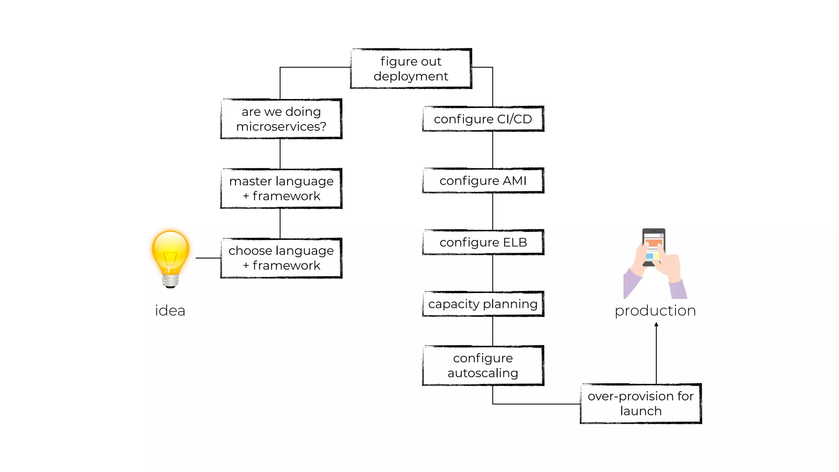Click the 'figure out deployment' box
coord(411,68)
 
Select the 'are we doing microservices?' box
coord(281,119)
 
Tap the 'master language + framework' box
coord(281,188)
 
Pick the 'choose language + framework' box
coord(281,258)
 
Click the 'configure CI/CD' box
coord(483,119)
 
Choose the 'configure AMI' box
coord(483,181)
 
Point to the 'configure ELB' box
coord(483,242)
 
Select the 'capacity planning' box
coord(483,304)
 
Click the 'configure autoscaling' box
coord(483,365)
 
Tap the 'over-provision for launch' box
coord(641,404)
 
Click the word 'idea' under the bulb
coord(170,311)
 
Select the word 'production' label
coord(655,311)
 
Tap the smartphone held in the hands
coord(653,246)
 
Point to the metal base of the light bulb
coord(170,281)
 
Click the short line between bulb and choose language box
coord(208,258)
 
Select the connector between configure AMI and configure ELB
coord(492,211)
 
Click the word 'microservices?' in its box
coord(281,127)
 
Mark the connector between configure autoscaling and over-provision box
coord(533,404)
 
